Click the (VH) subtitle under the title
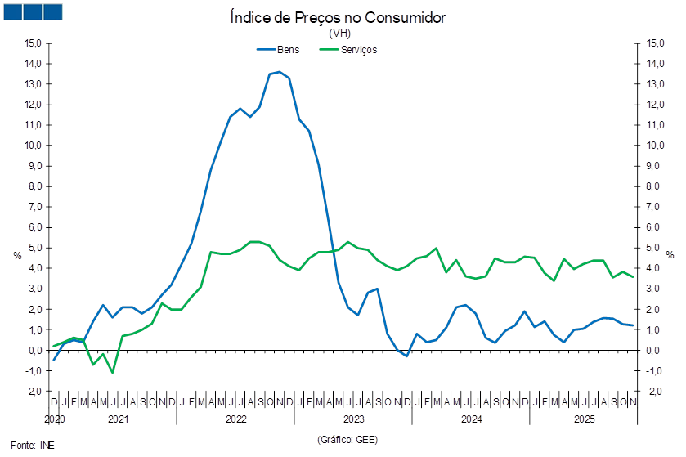click(339, 34)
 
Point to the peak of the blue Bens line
click(279, 72)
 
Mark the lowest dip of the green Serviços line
click(112, 373)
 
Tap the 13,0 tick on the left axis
click(34, 84)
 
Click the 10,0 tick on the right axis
click(653, 146)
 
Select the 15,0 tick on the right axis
click(653, 43)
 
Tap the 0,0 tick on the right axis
click(655, 351)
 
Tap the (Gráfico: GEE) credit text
click(347, 440)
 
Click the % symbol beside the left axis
click(17, 255)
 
